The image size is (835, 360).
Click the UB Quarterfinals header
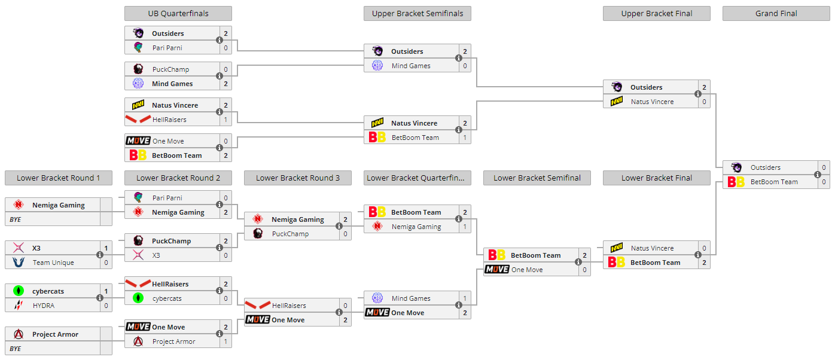pyautogui.click(x=178, y=13)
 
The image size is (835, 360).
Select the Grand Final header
pyautogui.click(x=776, y=13)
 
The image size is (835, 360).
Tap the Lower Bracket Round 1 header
pyautogui.click(x=58, y=178)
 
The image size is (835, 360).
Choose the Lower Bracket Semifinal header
pyautogui.click(x=537, y=178)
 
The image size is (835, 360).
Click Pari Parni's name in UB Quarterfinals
pyautogui.click(x=167, y=48)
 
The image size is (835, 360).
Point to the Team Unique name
pyautogui.click(x=53, y=263)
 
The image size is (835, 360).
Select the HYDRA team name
pyautogui.click(x=44, y=306)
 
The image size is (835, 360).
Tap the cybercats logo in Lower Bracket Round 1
pyautogui.click(x=19, y=291)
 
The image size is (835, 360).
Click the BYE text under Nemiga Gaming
pyautogui.click(x=16, y=219)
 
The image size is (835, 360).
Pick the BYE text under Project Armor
pyautogui.click(x=16, y=349)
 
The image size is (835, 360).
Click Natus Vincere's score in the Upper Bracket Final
pyautogui.click(x=704, y=102)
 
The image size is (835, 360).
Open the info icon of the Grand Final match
pyautogui.click(x=818, y=175)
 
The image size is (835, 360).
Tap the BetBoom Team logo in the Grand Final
pyautogui.click(x=736, y=182)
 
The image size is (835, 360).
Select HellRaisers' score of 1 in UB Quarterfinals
pyautogui.click(x=225, y=120)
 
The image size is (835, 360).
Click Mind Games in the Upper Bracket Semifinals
pyautogui.click(x=411, y=66)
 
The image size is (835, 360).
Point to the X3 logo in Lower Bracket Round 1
pyautogui.click(x=19, y=248)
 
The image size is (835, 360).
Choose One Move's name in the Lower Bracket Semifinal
pyautogui.click(x=527, y=270)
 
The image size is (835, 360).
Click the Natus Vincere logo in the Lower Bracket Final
pyautogui.click(x=617, y=248)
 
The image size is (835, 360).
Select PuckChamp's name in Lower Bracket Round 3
pyautogui.click(x=290, y=234)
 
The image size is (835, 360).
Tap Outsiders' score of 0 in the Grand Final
pyautogui.click(x=824, y=167)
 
